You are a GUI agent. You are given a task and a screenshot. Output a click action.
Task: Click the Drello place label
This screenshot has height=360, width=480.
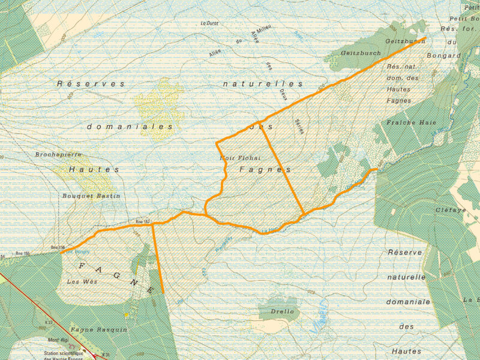(x=283, y=311)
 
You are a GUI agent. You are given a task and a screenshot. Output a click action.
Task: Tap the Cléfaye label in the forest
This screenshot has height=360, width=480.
(x=451, y=211)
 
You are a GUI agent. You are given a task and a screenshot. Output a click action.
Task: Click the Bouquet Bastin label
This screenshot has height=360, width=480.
(x=91, y=196)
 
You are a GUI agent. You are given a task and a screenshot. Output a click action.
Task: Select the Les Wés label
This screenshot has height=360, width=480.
(x=82, y=281)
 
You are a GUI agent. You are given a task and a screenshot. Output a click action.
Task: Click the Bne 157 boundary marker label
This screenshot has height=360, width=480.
(x=143, y=221)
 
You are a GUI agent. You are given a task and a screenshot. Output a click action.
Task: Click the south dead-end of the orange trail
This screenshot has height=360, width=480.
(x=163, y=293)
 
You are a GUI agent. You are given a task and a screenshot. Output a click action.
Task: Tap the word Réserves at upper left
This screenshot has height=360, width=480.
(x=91, y=83)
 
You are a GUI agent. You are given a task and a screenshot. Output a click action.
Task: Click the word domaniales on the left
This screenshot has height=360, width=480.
(x=130, y=127)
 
